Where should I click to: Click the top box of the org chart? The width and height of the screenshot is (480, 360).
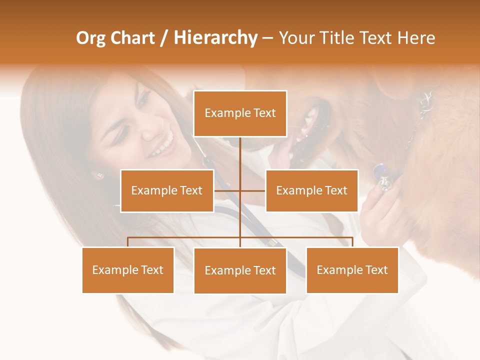click(x=240, y=113)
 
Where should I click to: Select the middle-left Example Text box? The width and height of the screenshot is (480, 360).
click(x=166, y=190)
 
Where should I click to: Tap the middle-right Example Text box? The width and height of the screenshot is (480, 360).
click(x=311, y=190)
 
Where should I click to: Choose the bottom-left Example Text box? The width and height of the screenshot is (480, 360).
click(x=128, y=270)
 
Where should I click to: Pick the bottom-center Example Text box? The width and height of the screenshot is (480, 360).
click(x=240, y=270)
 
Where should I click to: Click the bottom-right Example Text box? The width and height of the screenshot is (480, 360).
click(x=352, y=270)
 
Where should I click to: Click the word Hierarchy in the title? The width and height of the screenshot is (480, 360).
click(x=215, y=38)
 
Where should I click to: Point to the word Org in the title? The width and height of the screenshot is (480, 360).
click(x=90, y=38)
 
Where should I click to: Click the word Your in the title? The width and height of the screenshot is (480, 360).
click(x=296, y=38)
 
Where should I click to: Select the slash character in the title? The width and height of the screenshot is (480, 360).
click(x=164, y=38)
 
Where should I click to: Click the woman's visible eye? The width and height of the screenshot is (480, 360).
click(x=142, y=100)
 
